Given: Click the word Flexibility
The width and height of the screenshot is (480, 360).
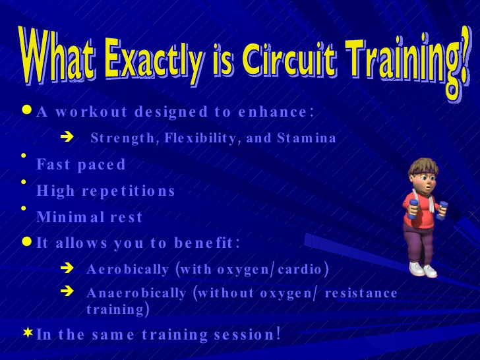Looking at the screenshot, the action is [x=200, y=138].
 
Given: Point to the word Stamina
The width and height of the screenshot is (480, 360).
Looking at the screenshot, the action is [x=307, y=138].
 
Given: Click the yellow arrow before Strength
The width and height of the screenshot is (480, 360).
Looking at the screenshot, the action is [x=67, y=137].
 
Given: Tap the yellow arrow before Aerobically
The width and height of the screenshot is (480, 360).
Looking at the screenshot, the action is [x=67, y=268].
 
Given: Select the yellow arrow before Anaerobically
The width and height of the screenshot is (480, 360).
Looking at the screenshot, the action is [x=67, y=291].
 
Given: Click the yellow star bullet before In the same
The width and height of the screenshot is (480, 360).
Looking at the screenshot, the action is [x=28, y=332].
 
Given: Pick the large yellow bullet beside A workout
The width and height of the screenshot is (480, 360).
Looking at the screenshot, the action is [x=27, y=110].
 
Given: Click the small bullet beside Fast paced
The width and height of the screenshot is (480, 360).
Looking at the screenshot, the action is [x=24, y=156].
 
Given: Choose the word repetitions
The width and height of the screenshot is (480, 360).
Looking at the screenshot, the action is [x=129, y=191].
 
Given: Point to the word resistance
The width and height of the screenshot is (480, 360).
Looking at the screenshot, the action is [x=361, y=293].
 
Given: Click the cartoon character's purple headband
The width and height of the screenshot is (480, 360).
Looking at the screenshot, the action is [x=424, y=170].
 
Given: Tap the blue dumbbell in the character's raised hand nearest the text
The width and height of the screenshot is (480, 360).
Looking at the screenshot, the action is [x=413, y=210].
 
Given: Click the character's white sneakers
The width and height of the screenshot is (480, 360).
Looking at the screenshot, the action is [x=423, y=270].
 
